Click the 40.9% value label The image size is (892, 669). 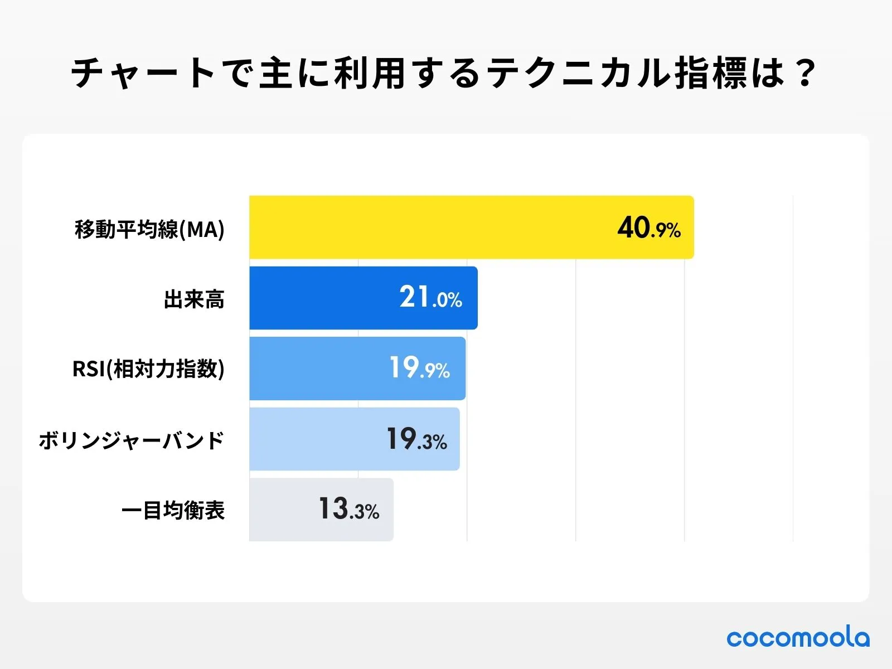coord(648,228)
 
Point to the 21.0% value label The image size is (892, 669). coord(430,297)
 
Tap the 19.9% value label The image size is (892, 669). coord(419,368)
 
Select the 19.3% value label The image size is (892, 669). coord(416,439)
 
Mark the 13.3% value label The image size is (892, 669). coord(349,509)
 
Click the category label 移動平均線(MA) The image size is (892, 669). coord(149,229)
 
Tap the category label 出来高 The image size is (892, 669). coord(194,299)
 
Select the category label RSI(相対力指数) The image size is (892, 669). coord(148,369)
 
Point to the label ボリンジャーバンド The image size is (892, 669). coord(132,440)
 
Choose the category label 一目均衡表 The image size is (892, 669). coord(173,510)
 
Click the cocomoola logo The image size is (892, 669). coord(797,637)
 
